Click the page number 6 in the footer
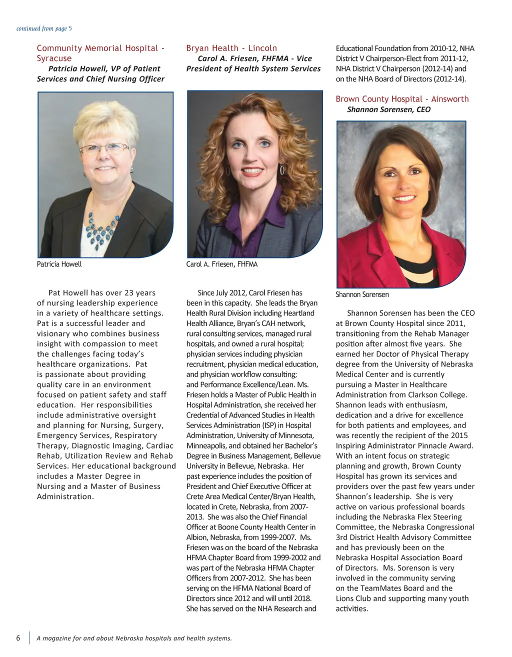[18, 638]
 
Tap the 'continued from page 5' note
[44, 28]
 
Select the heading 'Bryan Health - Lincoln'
[231, 48]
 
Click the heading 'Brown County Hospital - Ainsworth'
[402, 99]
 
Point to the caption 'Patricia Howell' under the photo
[59, 264]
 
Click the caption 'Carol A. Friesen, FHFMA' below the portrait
[221, 264]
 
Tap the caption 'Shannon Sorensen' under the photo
[362, 294]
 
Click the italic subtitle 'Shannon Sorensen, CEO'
[388, 109]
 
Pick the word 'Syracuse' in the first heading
[54, 58]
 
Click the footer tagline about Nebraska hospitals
[134, 638]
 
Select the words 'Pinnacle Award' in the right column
[447, 445]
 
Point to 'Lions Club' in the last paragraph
[353, 598]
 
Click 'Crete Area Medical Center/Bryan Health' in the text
[251, 496]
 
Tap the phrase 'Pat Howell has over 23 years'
[102, 293]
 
